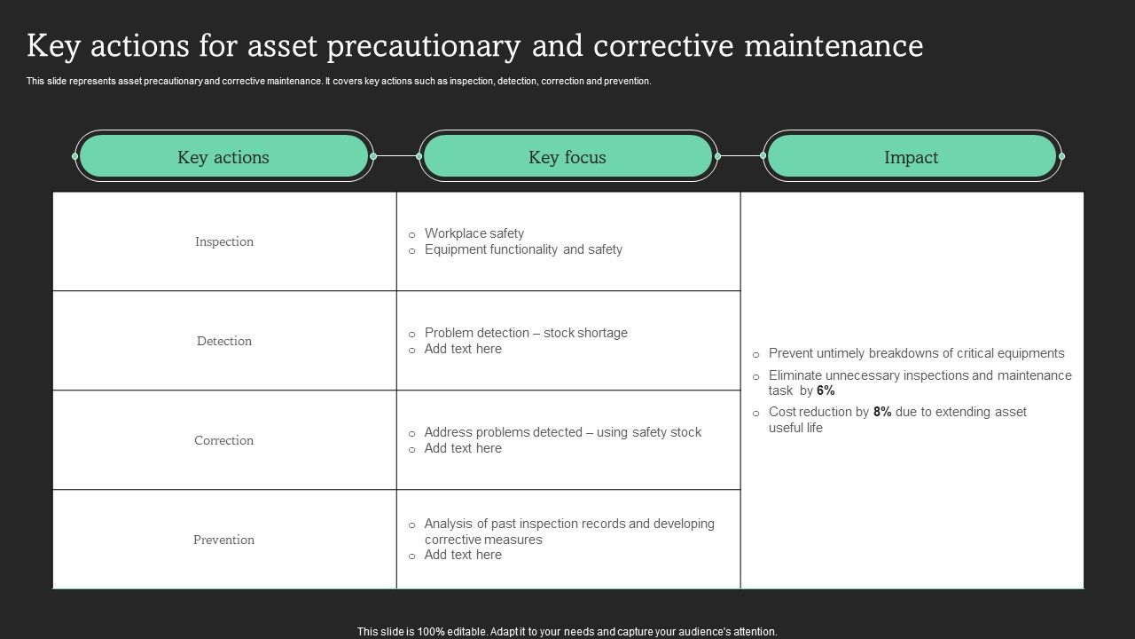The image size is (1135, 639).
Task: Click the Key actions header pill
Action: coord(223,157)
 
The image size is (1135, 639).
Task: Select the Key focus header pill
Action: coord(567,157)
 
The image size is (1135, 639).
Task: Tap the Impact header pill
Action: coord(911,157)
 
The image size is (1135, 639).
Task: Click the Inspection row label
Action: coord(224,241)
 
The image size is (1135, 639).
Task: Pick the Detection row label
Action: coord(224,341)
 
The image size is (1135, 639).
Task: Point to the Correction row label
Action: coord(224,440)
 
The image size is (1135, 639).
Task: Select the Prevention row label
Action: coord(224,540)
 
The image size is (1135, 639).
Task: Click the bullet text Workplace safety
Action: coord(474,233)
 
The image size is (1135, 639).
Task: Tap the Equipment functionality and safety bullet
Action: coord(523,249)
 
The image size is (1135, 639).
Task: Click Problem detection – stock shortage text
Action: coord(526,333)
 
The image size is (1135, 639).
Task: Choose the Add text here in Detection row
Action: coord(463,349)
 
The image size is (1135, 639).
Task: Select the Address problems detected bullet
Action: coord(562,432)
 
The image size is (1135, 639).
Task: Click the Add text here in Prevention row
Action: coord(463,555)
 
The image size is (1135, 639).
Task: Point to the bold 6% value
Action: coord(826,390)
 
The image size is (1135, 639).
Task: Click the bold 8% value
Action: coord(882,412)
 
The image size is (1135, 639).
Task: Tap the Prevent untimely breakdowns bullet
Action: coord(916,353)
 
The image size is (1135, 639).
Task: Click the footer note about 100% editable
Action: coord(567,632)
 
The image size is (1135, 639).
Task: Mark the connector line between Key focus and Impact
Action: coord(740,156)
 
